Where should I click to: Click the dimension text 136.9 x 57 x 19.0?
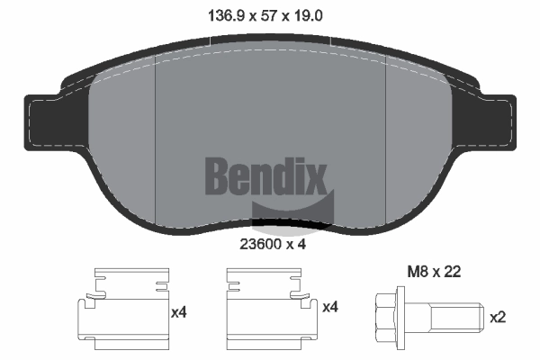[270, 15]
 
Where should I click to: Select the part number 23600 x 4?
[270, 242]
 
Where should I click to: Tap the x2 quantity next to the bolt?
[497, 317]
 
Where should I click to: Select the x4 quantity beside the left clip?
[180, 311]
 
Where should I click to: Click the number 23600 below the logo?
[259, 242]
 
